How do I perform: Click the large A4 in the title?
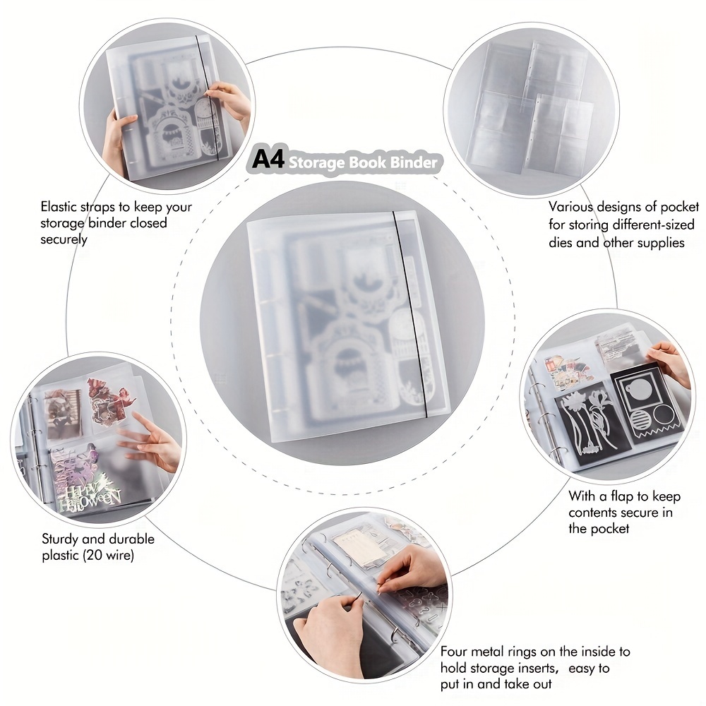tap(268, 160)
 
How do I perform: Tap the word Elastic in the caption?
tap(60, 208)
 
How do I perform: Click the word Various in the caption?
tap(571, 208)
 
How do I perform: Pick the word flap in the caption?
tap(613, 496)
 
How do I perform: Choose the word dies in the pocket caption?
tap(564, 242)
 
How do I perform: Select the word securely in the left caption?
tap(64, 239)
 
